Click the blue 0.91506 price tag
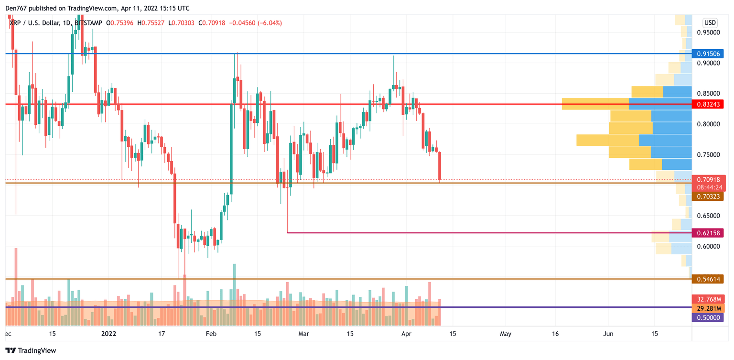click(708, 54)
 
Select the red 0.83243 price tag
click(708, 104)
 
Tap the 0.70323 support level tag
click(708, 196)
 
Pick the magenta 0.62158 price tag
click(708, 233)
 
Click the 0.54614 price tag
click(708, 279)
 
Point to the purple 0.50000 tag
click(708, 317)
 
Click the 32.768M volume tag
click(708, 299)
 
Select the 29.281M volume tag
click(708, 308)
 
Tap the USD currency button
click(710, 22)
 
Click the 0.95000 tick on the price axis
click(708, 33)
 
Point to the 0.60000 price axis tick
click(708, 247)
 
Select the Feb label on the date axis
click(211, 334)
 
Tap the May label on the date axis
click(505, 334)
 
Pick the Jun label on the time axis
click(608, 334)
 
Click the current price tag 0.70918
click(708, 180)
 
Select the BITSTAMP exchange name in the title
click(89, 23)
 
